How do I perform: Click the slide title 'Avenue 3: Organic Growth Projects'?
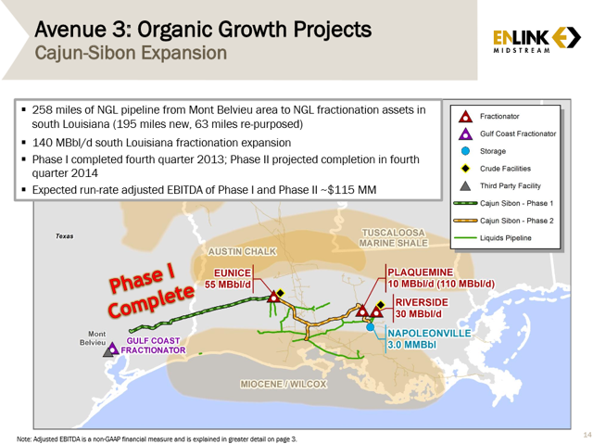point(203,29)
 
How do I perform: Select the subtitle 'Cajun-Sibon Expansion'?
point(130,53)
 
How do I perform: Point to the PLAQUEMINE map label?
point(440,277)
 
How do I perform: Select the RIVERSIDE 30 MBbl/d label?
point(422,309)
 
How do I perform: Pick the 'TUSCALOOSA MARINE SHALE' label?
point(395,238)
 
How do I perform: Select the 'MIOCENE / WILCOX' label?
point(284,384)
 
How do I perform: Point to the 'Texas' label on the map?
point(64,236)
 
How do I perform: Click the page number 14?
point(586,434)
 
